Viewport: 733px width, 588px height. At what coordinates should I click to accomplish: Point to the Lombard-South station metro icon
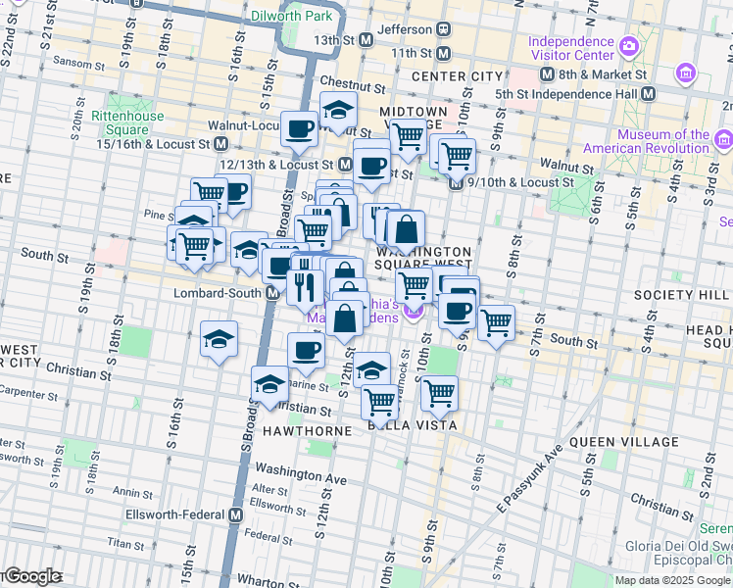(271, 293)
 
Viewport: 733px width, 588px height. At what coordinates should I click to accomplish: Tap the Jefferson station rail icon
(444, 29)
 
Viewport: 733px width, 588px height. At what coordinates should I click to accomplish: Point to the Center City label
(457, 76)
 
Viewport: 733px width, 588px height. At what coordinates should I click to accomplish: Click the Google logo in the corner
(31, 576)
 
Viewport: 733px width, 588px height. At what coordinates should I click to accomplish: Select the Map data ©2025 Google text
(673, 580)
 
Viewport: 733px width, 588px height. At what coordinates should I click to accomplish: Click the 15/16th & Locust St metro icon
(221, 143)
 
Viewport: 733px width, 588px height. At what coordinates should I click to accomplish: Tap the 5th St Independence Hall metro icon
(648, 94)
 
